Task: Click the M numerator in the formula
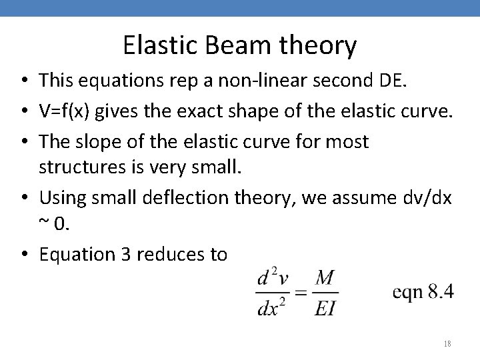coord(324,278)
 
